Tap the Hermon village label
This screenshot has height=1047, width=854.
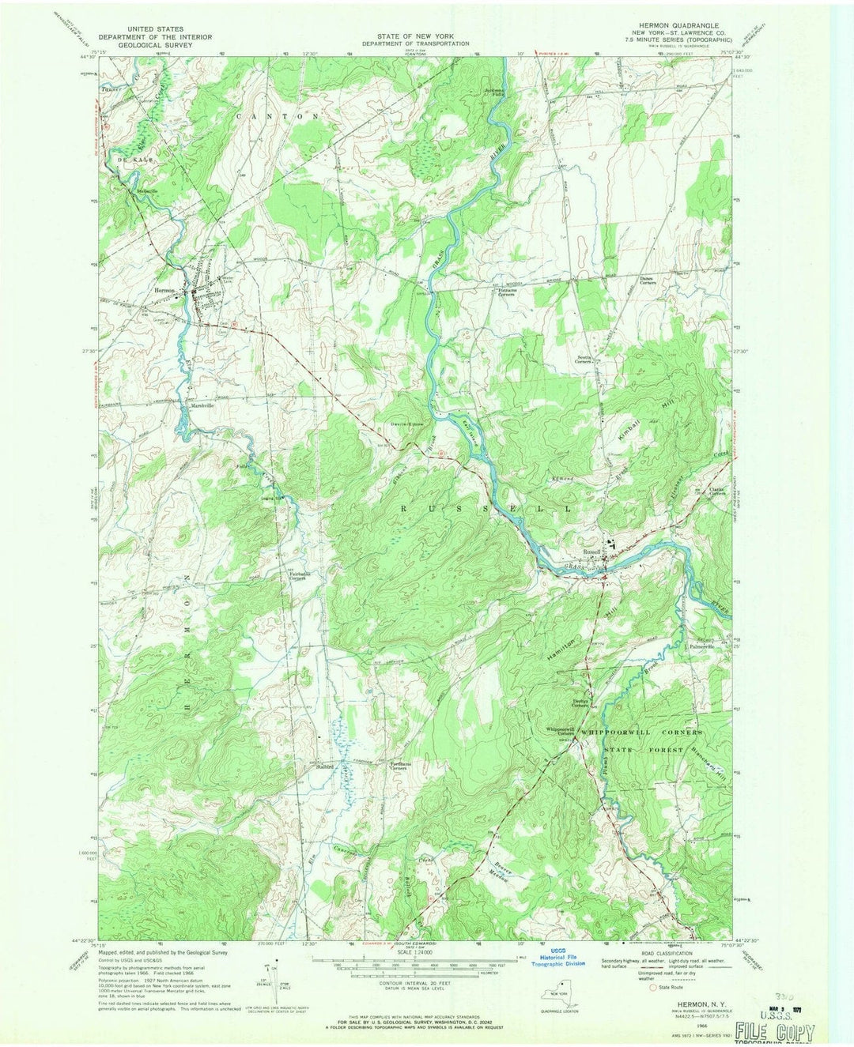click(164, 291)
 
